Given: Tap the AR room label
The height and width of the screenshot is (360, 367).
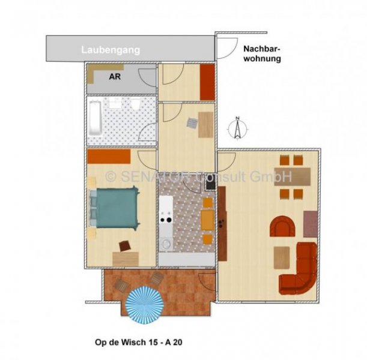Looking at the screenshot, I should pos(114,77).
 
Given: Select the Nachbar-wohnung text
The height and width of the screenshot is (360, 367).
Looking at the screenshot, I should pos(262,55).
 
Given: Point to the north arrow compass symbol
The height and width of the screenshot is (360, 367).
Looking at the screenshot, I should pos(238,128).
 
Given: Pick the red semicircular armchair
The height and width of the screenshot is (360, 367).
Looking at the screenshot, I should pos(284,228).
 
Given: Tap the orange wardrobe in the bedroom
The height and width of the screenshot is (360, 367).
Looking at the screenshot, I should pos(109,156).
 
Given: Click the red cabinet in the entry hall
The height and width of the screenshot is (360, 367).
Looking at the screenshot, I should pos(207,82).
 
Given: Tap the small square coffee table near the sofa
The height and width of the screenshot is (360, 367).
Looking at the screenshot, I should pos(282,257).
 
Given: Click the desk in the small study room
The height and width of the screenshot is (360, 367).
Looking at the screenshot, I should pos(205,125).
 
